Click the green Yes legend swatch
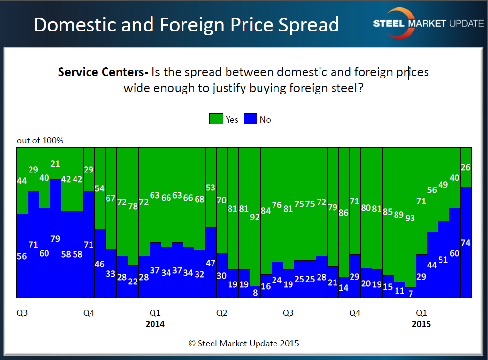click(x=215, y=119)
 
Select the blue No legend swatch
click(x=250, y=119)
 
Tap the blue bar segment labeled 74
click(x=465, y=242)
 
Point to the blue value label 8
click(x=255, y=293)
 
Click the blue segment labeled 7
click(x=410, y=293)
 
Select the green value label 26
click(x=465, y=168)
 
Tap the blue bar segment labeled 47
click(x=211, y=263)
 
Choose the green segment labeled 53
click(x=211, y=188)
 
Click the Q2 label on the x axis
click(x=222, y=313)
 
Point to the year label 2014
click(x=155, y=324)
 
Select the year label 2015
click(x=421, y=324)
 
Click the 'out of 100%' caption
click(x=40, y=141)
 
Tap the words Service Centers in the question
click(x=103, y=73)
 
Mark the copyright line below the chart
click(x=244, y=344)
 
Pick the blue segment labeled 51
click(x=443, y=259)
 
